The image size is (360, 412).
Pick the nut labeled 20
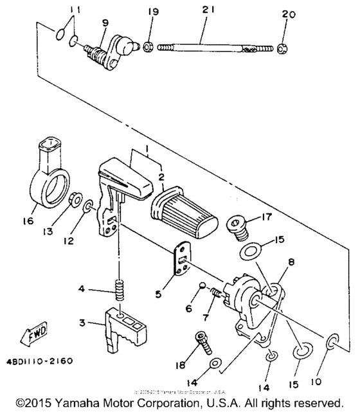(283, 47)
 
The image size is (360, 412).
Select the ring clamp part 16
(48, 177)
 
